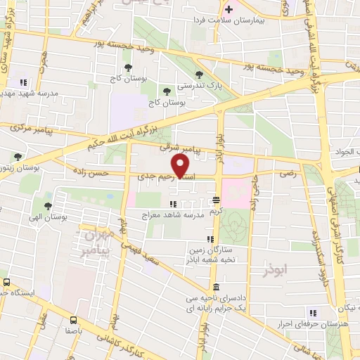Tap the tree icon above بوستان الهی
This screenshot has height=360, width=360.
coord(47,205)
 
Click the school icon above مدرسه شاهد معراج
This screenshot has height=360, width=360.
coord(172,204)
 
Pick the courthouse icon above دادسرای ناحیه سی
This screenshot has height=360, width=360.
coord(214,288)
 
